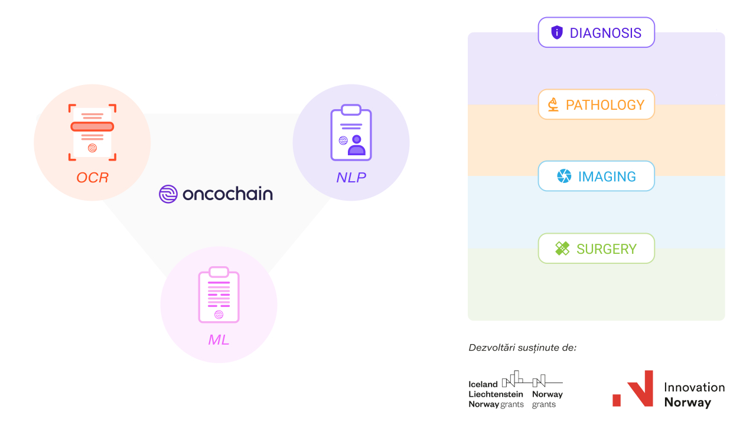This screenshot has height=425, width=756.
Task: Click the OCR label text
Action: pyautogui.click(x=92, y=178)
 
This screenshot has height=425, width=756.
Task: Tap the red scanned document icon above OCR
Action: pyautogui.click(x=92, y=132)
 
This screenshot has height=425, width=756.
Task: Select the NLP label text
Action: pyautogui.click(x=351, y=177)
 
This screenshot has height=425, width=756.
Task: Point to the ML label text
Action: pyautogui.click(x=219, y=340)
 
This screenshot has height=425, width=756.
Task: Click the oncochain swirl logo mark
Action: pyautogui.click(x=168, y=194)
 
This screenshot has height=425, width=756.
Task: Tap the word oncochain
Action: pyautogui.click(x=227, y=194)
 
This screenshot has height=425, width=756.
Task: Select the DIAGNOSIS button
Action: pyautogui.click(x=596, y=32)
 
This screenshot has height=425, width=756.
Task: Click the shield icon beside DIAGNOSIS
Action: pyautogui.click(x=556, y=32)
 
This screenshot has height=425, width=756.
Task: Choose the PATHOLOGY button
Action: pyautogui.click(x=596, y=104)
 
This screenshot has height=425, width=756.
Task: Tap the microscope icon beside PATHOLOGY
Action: pyautogui.click(x=553, y=104)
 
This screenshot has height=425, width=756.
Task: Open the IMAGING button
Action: pyautogui.click(x=596, y=176)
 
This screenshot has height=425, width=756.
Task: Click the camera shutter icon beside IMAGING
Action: pyautogui.click(x=564, y=176)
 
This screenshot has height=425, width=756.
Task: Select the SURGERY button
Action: pyautogui.click(x=596, y=249)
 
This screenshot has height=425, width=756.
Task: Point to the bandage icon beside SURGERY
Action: pyautogui.click(x=562, y=249)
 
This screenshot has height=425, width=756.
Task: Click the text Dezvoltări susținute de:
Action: pyautogui.click(x=522, y=347)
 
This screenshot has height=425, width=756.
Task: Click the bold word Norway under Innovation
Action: pyautogui.click(x=687, y=403)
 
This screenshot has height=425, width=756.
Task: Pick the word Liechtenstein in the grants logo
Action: pyautogui.click(x=496, y=394)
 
